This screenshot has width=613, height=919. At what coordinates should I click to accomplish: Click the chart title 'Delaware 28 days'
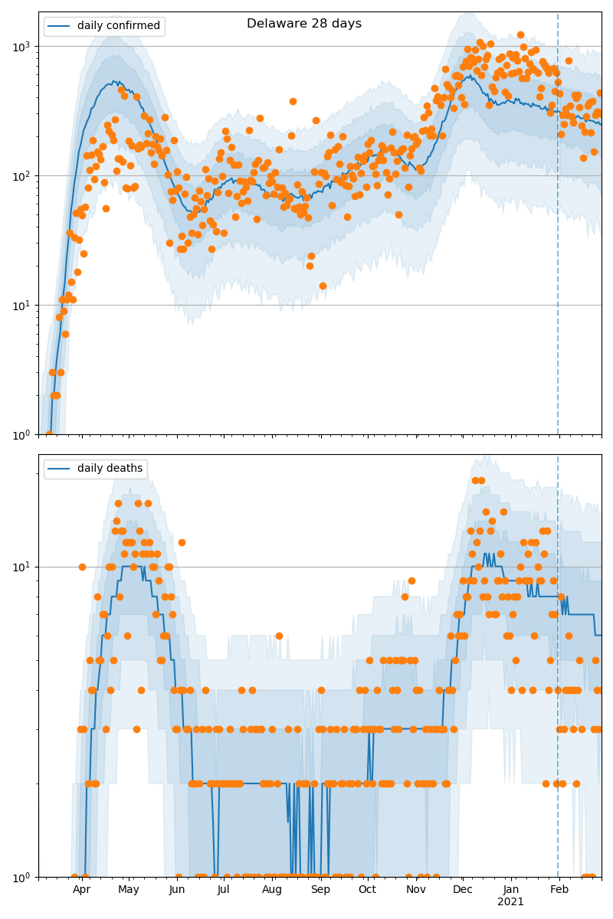pos(304,24)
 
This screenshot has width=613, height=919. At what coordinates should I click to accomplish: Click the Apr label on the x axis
pos(81,890)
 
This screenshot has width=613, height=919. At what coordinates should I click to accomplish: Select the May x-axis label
pos(129,890)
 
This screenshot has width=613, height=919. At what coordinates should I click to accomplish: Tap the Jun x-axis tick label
pos(177,890)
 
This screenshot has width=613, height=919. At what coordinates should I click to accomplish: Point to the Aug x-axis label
pos(272,890)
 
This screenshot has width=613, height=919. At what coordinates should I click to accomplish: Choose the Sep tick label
pos(320,890)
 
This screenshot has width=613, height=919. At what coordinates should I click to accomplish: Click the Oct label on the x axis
pos(367,890)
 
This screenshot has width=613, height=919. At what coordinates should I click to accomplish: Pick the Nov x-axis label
pos(415,890)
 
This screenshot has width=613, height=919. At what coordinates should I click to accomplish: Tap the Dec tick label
pos(462,890)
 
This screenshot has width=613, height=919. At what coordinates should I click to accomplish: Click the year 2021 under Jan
pos(510,902)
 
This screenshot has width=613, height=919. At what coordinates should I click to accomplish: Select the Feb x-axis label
pos(559,890)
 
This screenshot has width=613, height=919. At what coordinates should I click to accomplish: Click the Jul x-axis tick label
pos(223,890)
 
